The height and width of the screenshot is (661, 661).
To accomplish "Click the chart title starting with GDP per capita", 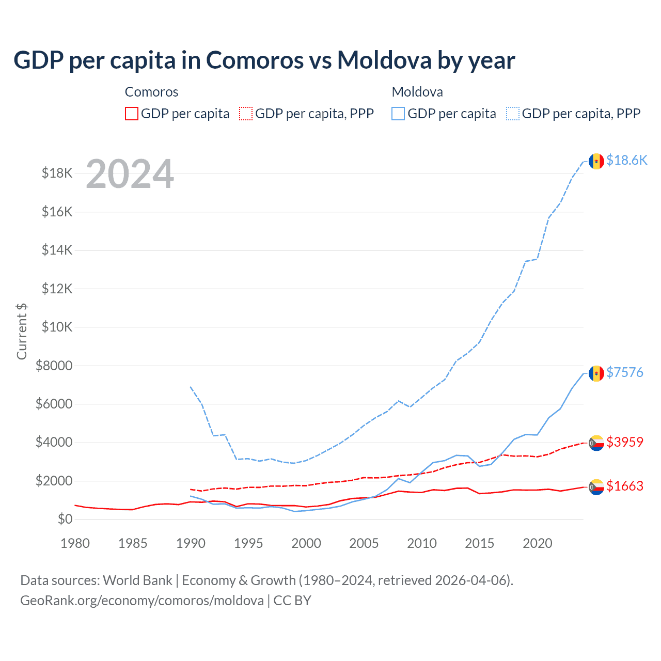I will [x=264, y=60].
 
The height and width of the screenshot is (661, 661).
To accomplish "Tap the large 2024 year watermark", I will [x=130, y=174].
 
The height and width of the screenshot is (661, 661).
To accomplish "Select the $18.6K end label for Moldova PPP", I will [x=626, y=160].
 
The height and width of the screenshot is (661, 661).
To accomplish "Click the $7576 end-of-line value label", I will [x=624, y=372].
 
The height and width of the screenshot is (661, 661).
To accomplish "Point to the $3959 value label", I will [x=624, y=442].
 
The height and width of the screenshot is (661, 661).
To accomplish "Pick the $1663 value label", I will [x=624, y=486].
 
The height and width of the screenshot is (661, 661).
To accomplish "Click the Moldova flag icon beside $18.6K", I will [x=596, y=161].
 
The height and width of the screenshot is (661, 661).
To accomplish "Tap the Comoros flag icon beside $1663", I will [x=596, y=487].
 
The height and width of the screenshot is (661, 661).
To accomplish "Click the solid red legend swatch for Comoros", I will [x=132, y=114].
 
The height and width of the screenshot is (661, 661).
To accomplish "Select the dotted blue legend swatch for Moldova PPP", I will [x=513, y=114].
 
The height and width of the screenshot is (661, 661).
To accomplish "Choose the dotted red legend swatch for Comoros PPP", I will [x=246, y=114].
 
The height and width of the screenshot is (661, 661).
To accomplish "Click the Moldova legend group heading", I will [x=417, y=92].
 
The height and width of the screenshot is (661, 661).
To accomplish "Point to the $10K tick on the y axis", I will [x=57, y=327].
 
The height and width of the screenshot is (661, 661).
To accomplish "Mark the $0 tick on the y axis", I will [x=65, y=520].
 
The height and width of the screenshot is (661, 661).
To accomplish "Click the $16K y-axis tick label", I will [x=57, y=212].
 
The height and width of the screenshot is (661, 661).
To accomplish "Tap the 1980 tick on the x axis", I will [x=75, y=543].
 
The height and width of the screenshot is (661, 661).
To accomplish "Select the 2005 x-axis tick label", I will [x=364, y=543].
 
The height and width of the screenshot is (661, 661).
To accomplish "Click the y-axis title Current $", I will [x=22, y=332].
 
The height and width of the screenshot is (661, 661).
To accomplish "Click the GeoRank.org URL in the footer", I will [x=142, y=601].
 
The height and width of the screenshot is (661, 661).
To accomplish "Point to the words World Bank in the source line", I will [x=137, y=580].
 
